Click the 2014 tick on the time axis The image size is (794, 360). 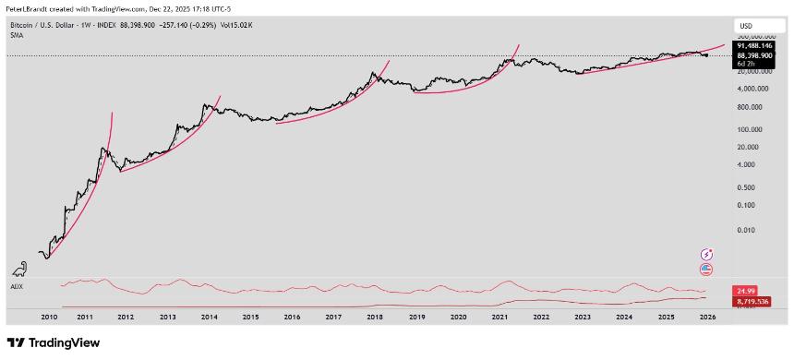(209, 317)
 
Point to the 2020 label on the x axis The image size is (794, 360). (458, 317)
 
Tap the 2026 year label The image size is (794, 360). (706, 317)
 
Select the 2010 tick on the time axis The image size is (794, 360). (50, 317)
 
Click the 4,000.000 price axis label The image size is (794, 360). (752, 89)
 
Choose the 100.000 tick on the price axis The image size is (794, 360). (749, 130)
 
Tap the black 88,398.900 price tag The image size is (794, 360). (754, 55)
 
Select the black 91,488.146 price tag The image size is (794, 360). (754, 45)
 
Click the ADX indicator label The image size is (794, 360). (16, 286)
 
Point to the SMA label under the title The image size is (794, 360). (17, 34)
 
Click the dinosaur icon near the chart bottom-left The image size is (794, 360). (19, 270)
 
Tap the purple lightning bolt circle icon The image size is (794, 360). (706, 254)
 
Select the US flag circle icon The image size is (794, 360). (706, 270)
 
